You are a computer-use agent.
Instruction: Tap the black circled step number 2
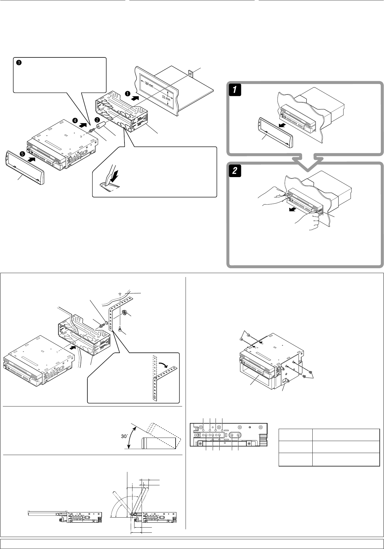click(x=97, y=119)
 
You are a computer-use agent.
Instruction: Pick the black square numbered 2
click(x=234, y=171)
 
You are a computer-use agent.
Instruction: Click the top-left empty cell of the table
click(x=295, y=435)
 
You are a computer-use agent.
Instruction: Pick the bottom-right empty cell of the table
click(x=346, y=460)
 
